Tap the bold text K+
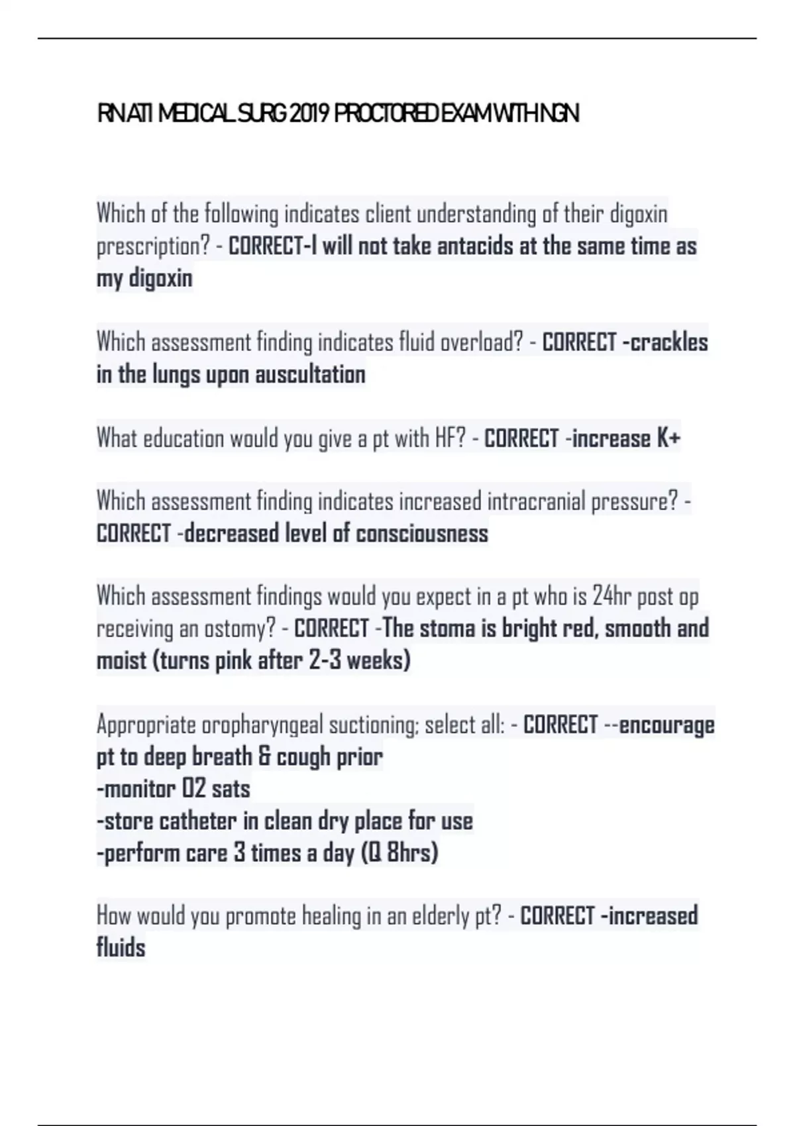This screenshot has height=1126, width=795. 668,438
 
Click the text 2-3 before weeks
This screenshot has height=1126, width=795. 324,661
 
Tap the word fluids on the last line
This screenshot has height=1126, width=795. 121,948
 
